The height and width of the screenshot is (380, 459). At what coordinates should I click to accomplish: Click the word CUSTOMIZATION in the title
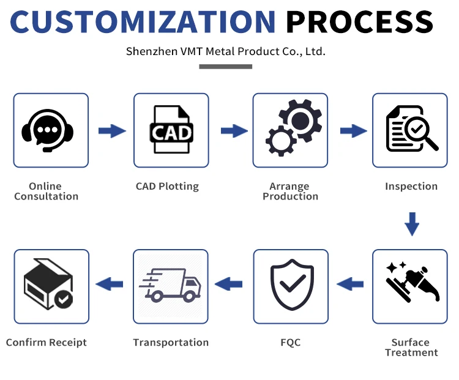coord(143,21)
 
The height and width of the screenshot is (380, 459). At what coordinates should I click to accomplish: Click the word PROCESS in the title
coord(360,21)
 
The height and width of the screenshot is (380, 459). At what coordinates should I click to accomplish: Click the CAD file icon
coord(171,130)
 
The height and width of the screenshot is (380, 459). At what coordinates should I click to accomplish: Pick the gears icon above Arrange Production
coord(290,130)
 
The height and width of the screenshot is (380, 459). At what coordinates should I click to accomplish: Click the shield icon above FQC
coord(291,284)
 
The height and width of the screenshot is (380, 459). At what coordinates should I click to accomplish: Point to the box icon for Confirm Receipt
coord(48,285)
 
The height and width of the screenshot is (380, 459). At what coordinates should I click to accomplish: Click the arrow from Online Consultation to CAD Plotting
coord(112,130)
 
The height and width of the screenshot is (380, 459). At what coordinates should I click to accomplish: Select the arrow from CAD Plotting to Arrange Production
coord(233,130)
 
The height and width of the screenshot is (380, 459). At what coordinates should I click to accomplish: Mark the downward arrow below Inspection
coord(412,224)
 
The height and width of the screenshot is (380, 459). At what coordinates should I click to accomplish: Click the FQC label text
coord(290,343)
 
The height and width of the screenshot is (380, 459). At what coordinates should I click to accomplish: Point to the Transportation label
coord(171,343)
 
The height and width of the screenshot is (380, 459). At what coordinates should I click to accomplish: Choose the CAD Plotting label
coord(167,187)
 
